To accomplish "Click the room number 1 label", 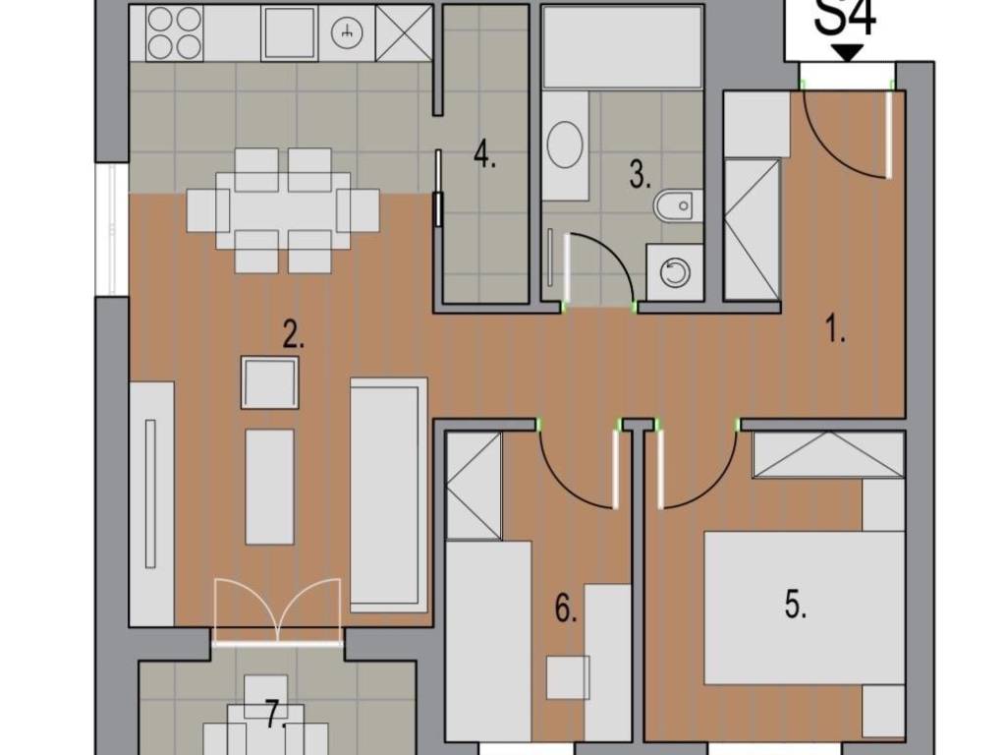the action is (x=835, y=332).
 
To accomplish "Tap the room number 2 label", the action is (x=293, y=335).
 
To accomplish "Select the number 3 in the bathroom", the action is (x=640, y=175).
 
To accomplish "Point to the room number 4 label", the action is (x=484, y=154).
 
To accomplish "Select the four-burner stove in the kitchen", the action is (x=175, y=33).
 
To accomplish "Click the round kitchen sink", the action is (x=347, y=33).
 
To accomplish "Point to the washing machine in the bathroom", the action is (x=674, y=272).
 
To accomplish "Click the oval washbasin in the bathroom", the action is (x=565, y=145).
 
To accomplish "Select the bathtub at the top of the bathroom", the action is (x=622, y=47).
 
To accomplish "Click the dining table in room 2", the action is (x=283, y=210).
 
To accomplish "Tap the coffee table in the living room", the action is (x=269, y=488).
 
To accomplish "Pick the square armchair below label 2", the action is (x=269, y=382).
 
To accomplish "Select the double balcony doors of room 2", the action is (x=277, y=610).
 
